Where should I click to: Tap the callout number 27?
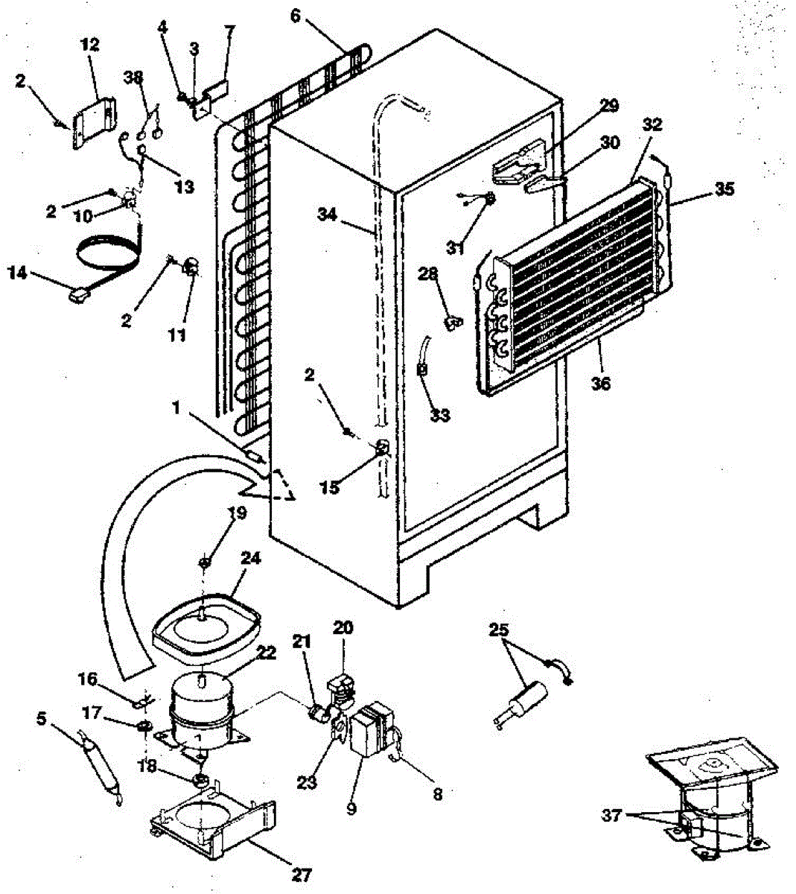click(302, 874)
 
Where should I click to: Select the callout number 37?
click(612, 816)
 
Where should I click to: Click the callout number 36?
click(600, 384)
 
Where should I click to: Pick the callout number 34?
click(296, 15)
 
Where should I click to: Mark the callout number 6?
click(296, 15)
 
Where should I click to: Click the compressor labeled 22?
click(200, 712)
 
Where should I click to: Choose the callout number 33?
click(440, 415)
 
